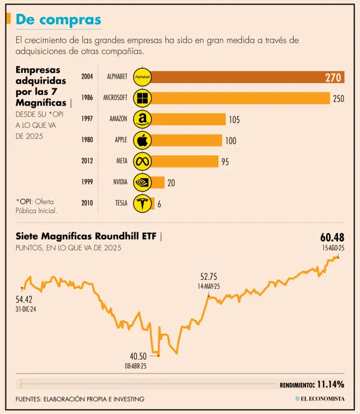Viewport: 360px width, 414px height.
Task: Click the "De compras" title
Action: [58, 19]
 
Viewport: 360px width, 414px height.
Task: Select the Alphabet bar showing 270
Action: [248, 77]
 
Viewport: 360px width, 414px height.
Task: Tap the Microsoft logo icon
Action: [142, 98]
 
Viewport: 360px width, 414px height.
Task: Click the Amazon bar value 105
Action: [234, 120]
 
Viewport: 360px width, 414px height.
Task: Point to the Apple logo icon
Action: [142, 140]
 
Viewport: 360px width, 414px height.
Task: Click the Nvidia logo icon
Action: [142, 182]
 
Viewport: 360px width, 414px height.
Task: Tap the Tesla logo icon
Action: [142, 203]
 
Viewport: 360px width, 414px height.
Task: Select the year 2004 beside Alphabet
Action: [87, 77]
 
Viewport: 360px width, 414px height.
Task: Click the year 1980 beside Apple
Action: [87, 140]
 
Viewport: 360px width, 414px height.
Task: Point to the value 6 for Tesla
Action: [159, 204]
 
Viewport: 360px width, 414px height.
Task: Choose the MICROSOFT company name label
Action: [115, 98]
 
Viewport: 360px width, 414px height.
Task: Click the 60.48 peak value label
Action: [332, 238]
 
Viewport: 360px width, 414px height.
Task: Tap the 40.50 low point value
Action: [138, 356]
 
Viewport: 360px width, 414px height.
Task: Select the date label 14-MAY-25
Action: [208, 287]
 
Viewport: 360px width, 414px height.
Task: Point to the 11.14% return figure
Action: [330, 384]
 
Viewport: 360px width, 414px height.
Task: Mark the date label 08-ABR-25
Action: [135, 365]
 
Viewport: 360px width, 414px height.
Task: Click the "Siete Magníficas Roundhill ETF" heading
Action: [87, 236]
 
